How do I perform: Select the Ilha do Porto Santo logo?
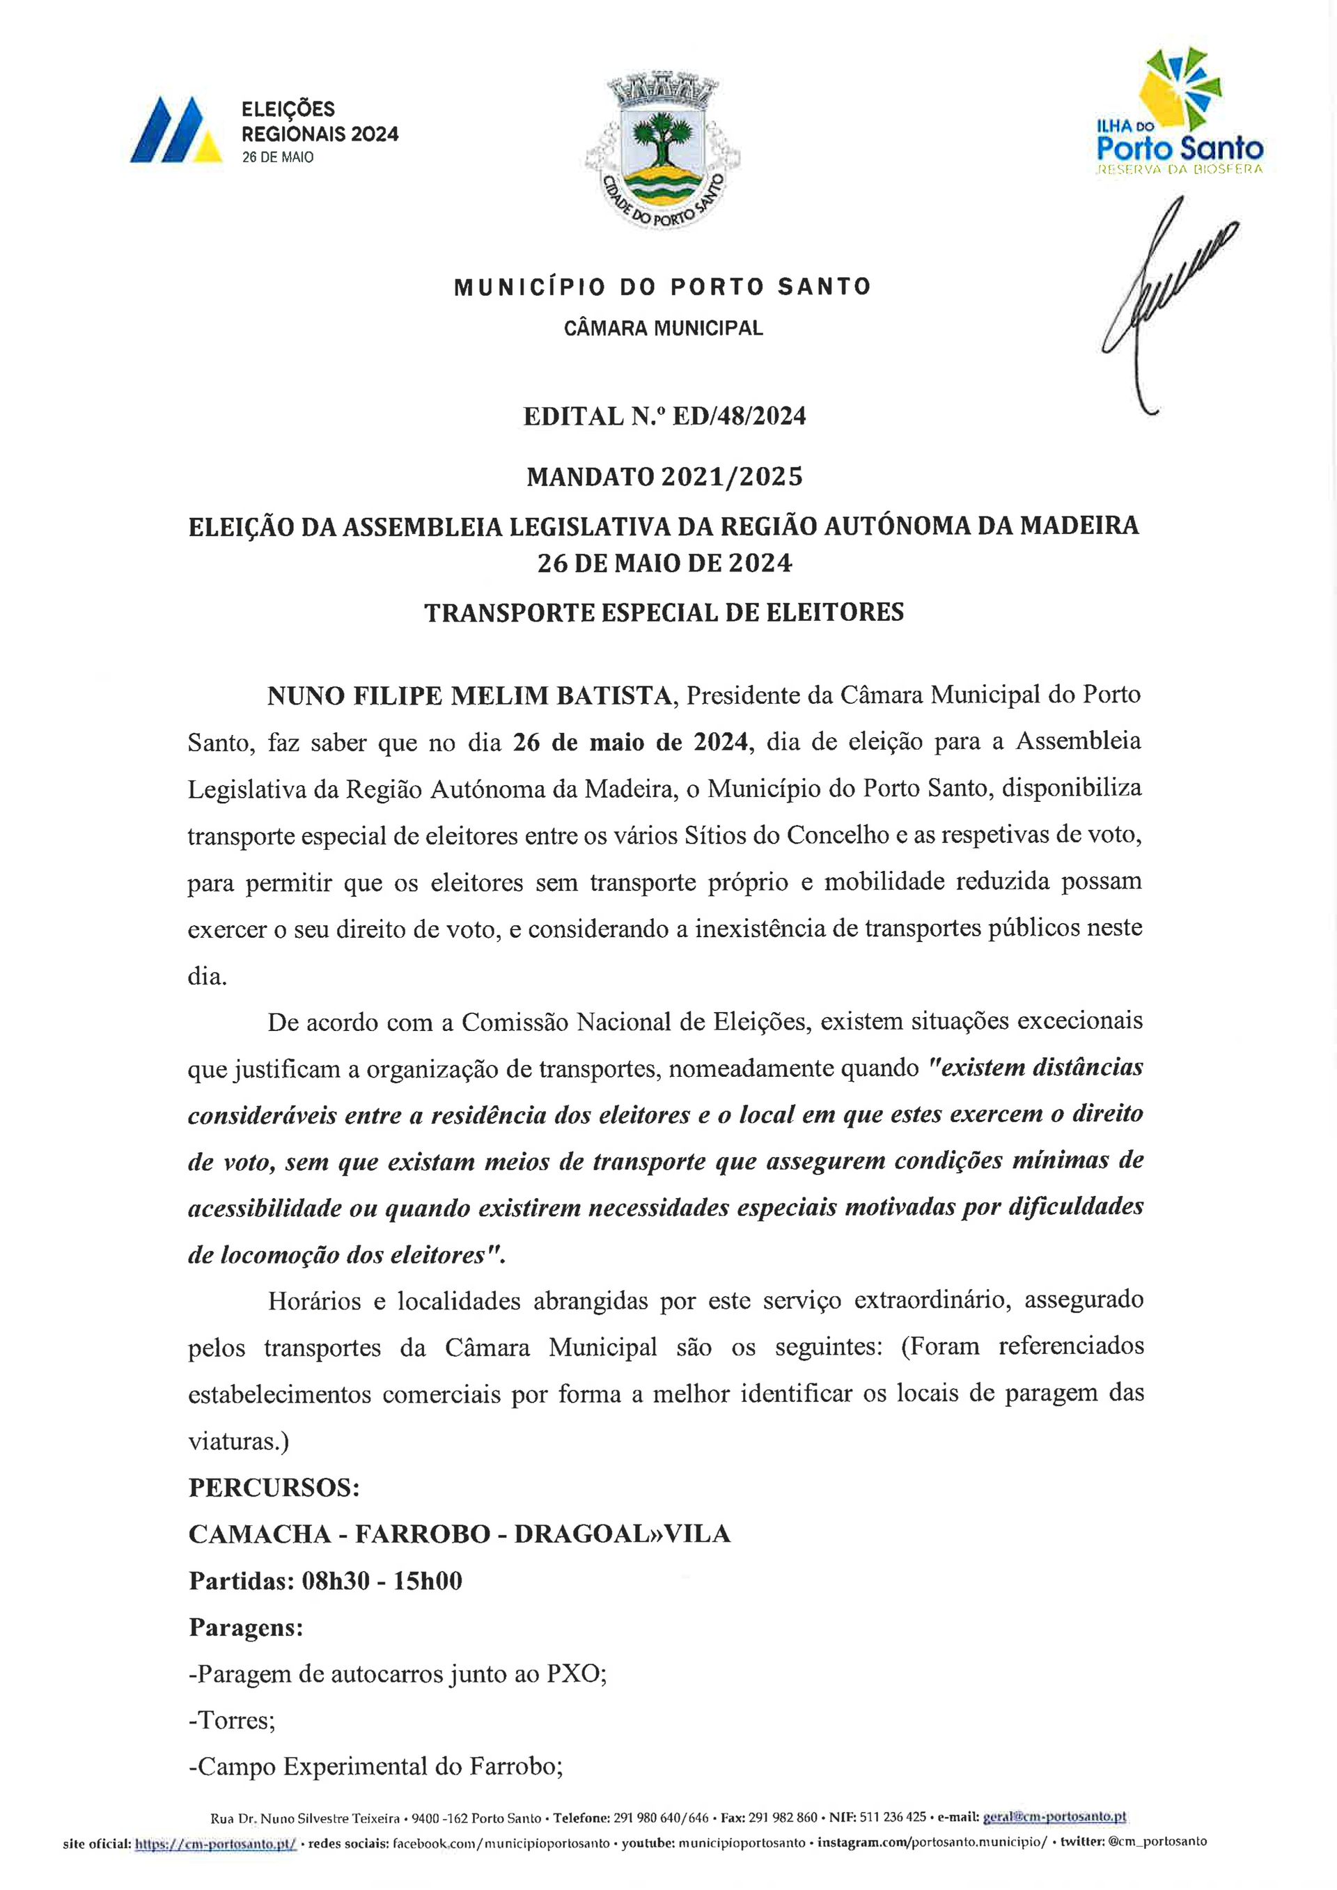point(1179,111)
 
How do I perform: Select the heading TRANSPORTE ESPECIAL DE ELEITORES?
point(664,613)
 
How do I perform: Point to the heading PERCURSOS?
point(274,1488)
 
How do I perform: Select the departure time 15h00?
point(428,1582)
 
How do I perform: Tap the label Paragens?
point(245,1628)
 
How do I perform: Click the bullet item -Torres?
point(231,1720)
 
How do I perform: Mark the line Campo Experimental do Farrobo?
point(375,1767)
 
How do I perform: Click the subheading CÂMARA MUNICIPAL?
point(663,329)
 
